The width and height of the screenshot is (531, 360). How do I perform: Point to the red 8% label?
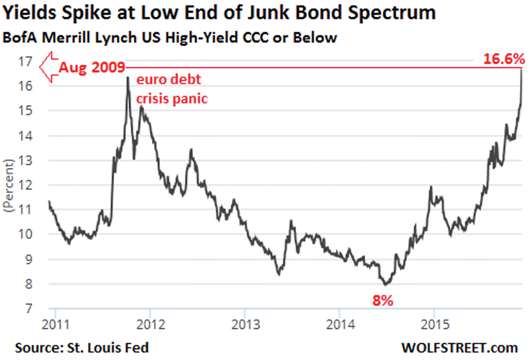[382, 300]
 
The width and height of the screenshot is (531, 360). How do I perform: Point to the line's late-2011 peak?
[127, 78]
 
